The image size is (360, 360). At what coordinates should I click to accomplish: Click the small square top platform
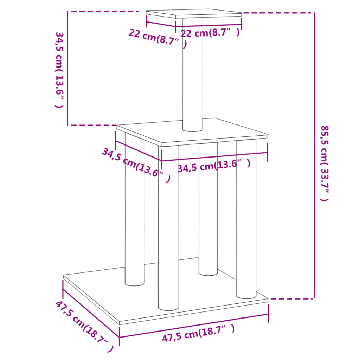pyautogui.click(x=193, y=14)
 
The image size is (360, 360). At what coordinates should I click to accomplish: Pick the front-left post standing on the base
pyautogui.click(x=168, y=229)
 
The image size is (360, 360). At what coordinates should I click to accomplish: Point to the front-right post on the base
pyautogui.click(x=246, y=218)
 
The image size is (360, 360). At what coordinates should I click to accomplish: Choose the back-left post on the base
pyautogui.click(x=135, y=211)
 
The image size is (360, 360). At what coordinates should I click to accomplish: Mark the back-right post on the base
pyautogui.click(x=208, y=211)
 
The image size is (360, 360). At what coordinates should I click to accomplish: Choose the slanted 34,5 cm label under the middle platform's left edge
pyautogui.click(x=136, y=165)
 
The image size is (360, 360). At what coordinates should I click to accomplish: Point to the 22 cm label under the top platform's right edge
pyautogui.click(x=210, y=33)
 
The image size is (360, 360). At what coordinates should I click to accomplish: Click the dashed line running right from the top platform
pyautogui.click(x=278, y=13)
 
